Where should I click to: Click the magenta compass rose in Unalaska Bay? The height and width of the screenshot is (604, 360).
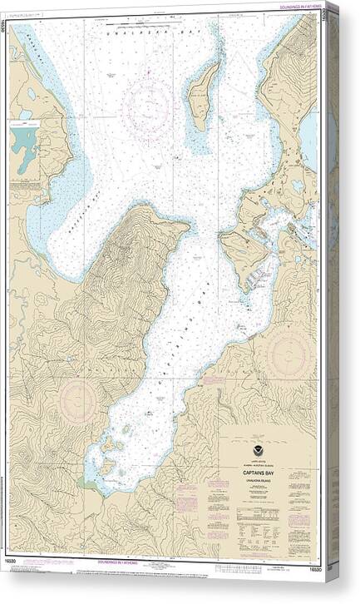[x=147, y=107]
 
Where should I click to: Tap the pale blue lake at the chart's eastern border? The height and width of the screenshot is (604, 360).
[x=309, y=134]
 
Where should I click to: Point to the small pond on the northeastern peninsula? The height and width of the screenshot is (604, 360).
[x=296, y=185]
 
